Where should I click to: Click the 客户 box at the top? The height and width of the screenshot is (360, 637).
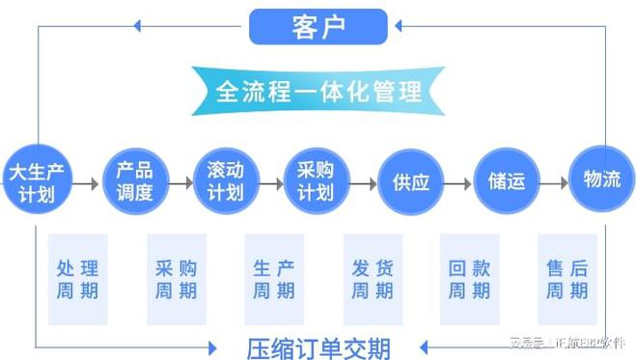tap(318, 26)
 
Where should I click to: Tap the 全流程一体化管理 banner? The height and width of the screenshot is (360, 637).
tap(318, 93)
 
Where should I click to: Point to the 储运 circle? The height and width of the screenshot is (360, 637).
tap(506, 180)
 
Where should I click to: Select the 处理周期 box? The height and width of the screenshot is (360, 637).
tap(78, 279)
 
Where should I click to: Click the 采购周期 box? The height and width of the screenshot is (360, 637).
tap(176, 279)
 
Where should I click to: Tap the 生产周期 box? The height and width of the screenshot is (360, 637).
tap(274, 279)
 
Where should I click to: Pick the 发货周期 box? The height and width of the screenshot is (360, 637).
tap(372, 279)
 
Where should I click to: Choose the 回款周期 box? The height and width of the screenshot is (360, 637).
tap(469, 279)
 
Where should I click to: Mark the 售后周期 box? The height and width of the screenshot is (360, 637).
tap(568, 279)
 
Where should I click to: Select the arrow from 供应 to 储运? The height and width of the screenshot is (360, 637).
tap(458, 181)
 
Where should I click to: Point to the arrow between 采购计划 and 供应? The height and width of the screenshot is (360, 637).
tap(363, 181)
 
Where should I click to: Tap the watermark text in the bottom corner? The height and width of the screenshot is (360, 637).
tap(568, 342)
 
